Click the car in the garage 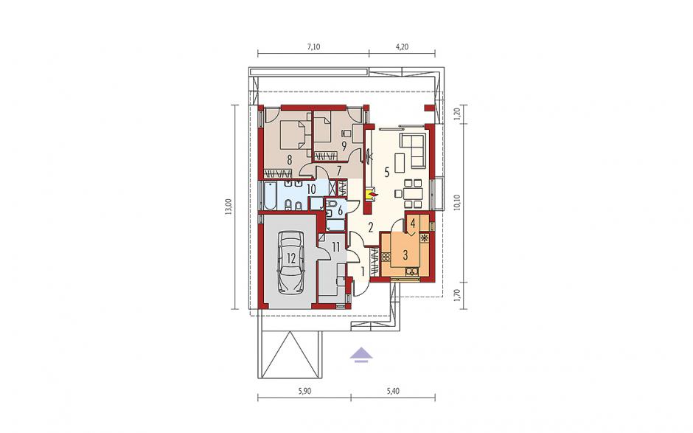[290, 262]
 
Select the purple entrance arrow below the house [361, 354]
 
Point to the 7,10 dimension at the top [313, 46]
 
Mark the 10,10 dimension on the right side [457, 203]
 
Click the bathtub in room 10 [269, 196]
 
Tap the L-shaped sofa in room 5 [413, 149]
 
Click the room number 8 [290, 159]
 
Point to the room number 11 [336, 247]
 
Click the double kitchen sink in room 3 [412, 271]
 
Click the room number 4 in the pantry [412, 224]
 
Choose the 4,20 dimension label [401, 46]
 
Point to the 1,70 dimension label [457, 294]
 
